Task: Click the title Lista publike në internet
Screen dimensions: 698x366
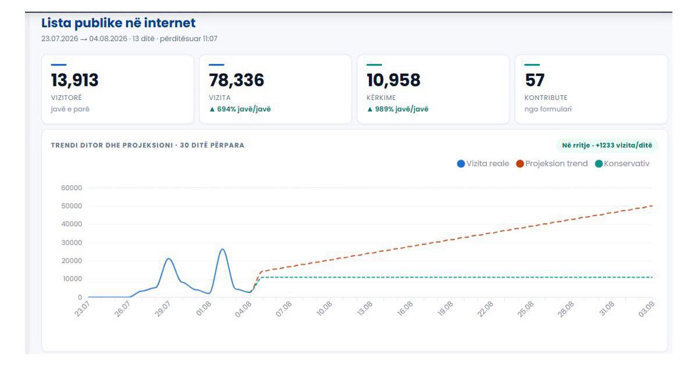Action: [119, 23]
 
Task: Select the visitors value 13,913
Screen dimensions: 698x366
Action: [75, 80]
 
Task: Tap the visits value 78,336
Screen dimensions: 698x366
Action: [237, 80]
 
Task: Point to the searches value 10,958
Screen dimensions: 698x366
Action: [394, 80]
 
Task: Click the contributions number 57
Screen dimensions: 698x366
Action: [535, 80]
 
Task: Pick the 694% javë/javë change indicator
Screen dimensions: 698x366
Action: [240, 109]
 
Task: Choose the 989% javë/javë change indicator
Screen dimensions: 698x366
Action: [398, 109]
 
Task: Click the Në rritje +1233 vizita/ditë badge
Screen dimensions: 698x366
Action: [607, 145]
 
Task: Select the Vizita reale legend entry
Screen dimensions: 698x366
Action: [483, 164]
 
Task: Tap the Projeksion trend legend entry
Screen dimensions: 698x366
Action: [552, 164]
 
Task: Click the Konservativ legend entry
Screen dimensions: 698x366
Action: [622, 164]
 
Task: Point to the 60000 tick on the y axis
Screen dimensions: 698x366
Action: [72, 188]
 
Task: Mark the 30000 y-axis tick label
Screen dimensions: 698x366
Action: [72, 242]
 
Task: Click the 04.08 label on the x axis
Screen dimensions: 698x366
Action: [243, 309]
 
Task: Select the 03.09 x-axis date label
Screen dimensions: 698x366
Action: [646, 309]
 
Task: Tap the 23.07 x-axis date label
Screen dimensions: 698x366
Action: [82, 308]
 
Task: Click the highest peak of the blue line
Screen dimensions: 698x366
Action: [222, 249]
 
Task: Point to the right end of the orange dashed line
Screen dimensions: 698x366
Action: [652, 206]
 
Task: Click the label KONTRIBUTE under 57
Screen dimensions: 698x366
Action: [546, 98]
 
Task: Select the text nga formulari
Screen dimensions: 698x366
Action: [548, 109]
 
